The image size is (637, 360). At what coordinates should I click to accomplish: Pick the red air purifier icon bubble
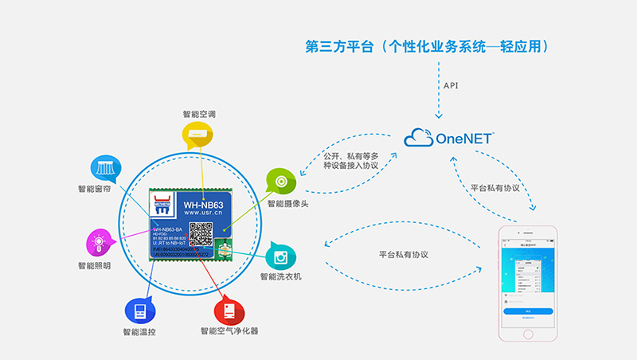coord(229,308)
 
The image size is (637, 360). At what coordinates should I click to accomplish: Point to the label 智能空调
coord(197,112)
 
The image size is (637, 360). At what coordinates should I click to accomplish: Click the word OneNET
coord(466,139)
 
